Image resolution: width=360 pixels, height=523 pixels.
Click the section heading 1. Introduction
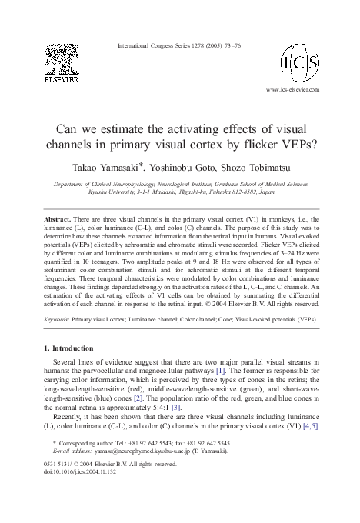pos(73,349)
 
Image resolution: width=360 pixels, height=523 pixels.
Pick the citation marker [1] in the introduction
pos(242,371)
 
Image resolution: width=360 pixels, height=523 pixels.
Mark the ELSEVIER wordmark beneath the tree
pos(59,78)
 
